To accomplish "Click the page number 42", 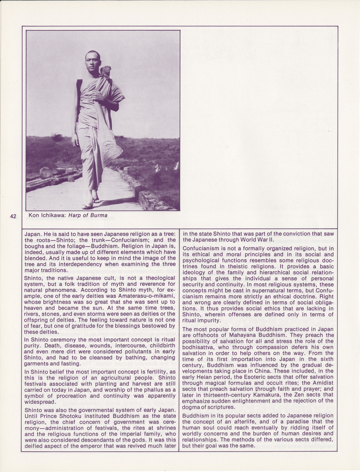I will pyautogui.click(x=13, y=216).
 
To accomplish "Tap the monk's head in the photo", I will pyautogui.click(x=93, y=60).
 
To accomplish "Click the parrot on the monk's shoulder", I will pyautogui.click(x=105, y=71).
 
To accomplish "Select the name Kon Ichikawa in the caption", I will pyautogui.click(x=48, y=215).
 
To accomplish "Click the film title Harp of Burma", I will pyautogui.click(x=89, y=215).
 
